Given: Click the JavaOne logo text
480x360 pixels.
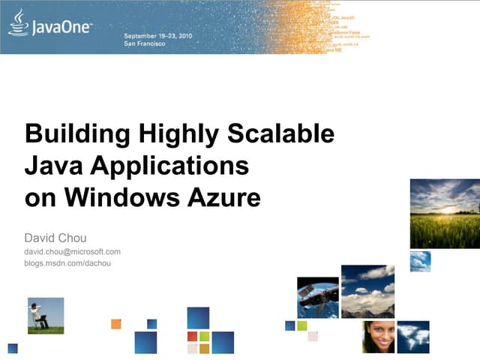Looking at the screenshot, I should point(61,28).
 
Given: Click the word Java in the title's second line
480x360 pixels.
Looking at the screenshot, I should point(49,166).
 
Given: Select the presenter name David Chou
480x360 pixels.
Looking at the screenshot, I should point(55,238).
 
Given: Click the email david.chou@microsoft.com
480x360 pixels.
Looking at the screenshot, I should point(73,252).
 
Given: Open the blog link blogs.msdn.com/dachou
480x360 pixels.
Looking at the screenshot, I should point(67,263).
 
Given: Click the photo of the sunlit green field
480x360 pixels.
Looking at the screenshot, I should point(445,214).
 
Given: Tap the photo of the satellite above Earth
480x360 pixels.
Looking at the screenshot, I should point(318,297).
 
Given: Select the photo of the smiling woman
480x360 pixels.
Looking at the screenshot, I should point(378,337).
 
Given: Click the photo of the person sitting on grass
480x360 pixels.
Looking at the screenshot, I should point(46,315).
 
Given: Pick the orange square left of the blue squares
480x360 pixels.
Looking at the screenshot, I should point(115,324).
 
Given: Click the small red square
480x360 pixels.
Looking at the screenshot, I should point(193,337).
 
